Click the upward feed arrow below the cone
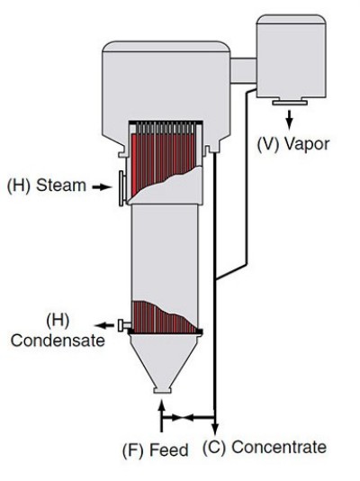coord(160,415)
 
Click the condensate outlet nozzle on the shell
coord(120,323)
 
